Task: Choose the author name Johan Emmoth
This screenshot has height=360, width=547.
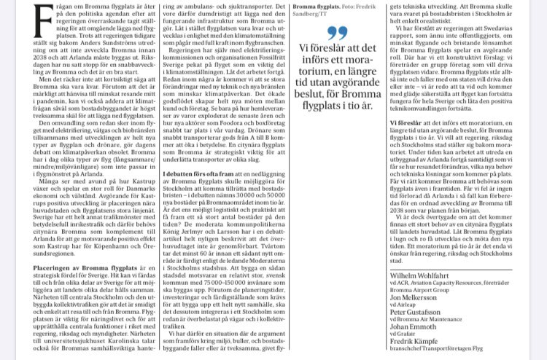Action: pos(414,328)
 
